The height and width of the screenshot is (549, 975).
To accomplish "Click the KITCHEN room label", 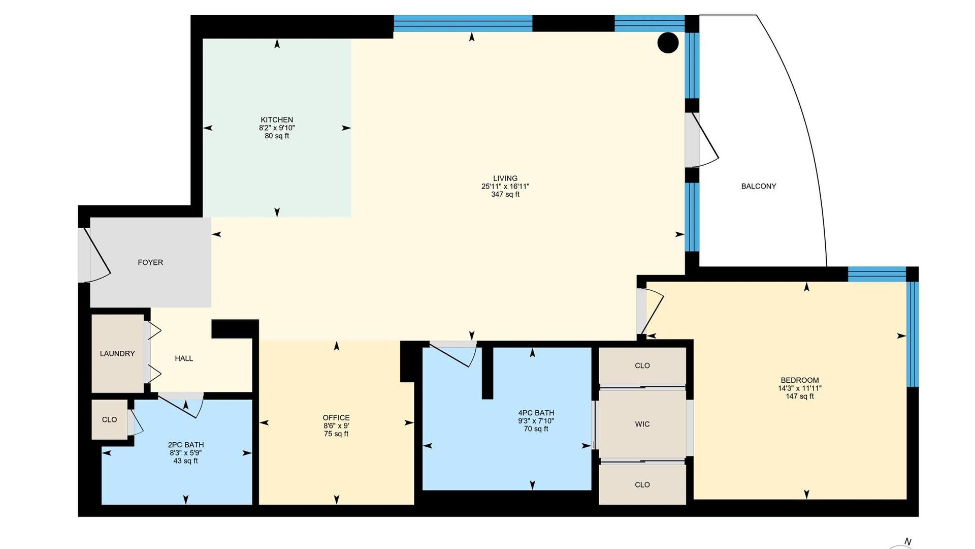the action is pos(277,120).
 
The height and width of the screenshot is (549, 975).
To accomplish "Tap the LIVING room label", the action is pos(505,178).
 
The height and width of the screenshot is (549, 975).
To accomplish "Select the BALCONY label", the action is pos(759,186).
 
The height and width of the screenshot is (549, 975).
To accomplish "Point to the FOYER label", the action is pos(150,262).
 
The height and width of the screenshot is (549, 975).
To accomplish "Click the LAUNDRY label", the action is pos(117,354).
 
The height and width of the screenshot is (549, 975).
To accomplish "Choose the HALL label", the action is pos(184,358).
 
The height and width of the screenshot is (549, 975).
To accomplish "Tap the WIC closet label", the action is pos(642,424).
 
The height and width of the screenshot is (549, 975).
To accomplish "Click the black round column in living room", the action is pos(668,43).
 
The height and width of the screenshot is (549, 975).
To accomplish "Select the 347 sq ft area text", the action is pos(505,194).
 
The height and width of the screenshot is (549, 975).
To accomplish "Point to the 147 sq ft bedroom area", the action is pos(800,396).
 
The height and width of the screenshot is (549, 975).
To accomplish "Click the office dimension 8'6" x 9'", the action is pos(336,426).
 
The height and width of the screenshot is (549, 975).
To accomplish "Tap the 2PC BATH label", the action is pos(186,445).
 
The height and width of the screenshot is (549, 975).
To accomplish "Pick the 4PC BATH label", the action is pos(536,413).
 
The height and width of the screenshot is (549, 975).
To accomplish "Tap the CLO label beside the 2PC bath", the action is pos(109,419).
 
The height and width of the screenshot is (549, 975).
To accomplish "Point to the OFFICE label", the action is pos(336,418).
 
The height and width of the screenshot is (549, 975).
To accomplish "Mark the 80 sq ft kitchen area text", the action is pos(277,136).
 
